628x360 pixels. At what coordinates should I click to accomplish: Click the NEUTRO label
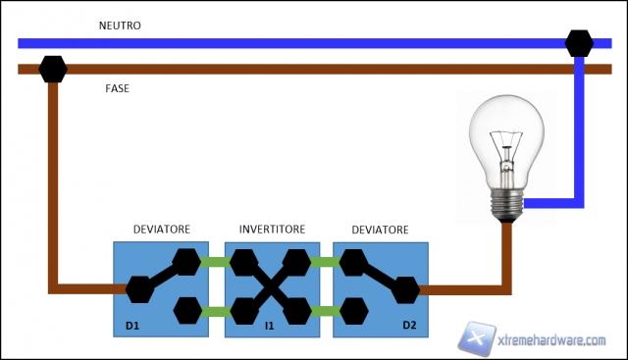coord(121,26)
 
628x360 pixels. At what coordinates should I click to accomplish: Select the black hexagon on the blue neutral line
coord(579,43)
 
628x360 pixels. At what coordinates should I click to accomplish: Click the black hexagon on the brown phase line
coord(52,70)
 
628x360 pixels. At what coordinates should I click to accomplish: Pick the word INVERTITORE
coord(272,230)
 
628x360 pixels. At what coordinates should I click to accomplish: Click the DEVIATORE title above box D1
coord(161,230)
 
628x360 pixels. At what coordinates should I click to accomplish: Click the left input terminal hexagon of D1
coord(138,288)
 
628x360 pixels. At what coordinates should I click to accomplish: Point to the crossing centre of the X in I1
coord(272,287)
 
